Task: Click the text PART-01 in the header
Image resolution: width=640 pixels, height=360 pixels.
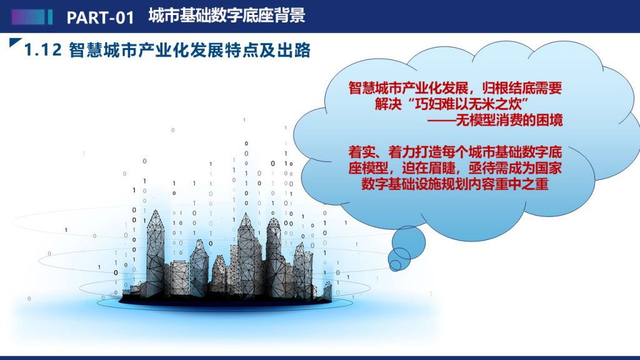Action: coord(101,17)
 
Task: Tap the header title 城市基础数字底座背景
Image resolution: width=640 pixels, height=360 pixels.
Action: coord(226,16)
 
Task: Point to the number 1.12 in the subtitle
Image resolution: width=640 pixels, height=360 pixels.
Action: coord(43,50)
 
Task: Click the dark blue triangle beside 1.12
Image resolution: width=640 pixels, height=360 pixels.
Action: coord(14,42)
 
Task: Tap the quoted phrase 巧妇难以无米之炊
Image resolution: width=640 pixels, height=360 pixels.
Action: coord(469,104)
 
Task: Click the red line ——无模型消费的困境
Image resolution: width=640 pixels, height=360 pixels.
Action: coord(495,120)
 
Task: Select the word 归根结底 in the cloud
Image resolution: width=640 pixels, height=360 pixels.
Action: coord(509,87)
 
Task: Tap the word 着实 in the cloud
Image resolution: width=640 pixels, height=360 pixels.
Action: coord(362,152)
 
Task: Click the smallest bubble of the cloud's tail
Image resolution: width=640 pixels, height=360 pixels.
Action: coord(395,265)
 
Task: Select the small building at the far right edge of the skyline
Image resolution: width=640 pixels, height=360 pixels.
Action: coord(327,291)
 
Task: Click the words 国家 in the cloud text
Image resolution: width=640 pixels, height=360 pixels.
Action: coord(549,168)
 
